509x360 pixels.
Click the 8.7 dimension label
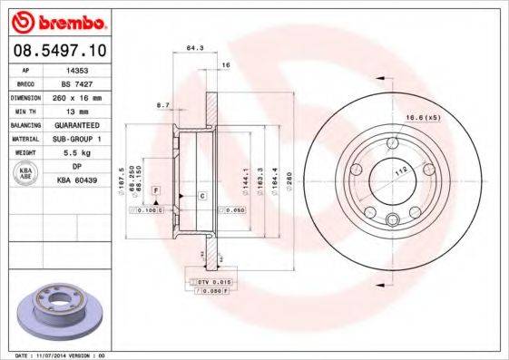(x=163, y=105)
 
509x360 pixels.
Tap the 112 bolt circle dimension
(x=397, y=168)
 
